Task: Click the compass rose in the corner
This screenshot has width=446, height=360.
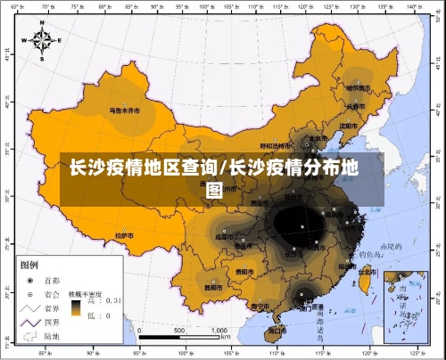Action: tap(42, 39)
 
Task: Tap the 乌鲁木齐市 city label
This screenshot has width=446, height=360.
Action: tap(126, 111)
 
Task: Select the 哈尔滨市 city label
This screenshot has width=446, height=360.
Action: tap(358, 88)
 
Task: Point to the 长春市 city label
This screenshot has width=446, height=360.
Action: tap(356, 106)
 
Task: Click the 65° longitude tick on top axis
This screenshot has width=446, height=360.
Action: tap(15, 7)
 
